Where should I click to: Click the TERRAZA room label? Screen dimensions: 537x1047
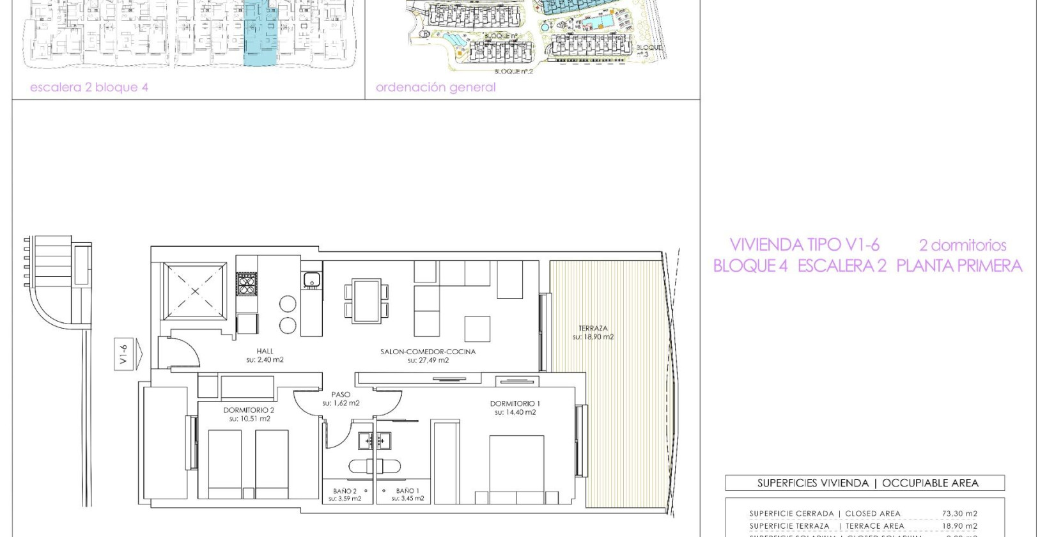coord(593,329)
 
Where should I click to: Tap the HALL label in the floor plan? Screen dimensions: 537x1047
coord(265,351)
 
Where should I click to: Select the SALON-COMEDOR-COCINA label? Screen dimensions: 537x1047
coord(428,352)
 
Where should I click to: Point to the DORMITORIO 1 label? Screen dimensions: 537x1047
coord(515,403)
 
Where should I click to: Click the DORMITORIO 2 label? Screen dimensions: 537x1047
coord(249,410)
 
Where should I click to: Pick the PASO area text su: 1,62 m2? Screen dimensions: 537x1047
coord(341,403)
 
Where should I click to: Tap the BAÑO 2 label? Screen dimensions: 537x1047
coord(345,491)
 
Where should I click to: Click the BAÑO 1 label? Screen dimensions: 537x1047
coord(407,491)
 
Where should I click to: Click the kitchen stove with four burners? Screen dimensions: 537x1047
coord(247,284)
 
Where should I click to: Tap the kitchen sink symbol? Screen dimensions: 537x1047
coord(312,279)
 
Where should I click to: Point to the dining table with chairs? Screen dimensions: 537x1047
coord(366,300)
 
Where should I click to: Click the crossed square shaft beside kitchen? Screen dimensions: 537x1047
coord(195,292)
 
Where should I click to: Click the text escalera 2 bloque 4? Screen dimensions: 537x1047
coord(89,88)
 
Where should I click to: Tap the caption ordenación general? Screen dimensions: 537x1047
coord(435,88)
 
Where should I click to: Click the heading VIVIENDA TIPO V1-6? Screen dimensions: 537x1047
coord(804,245)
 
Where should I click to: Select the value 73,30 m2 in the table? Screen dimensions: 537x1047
coord(959,513)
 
